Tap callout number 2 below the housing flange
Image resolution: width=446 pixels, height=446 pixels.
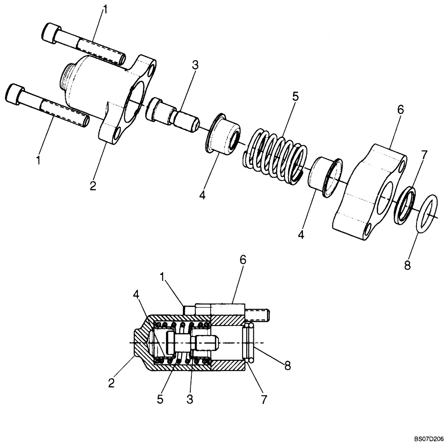pyautogui.click(x=93, y=186)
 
